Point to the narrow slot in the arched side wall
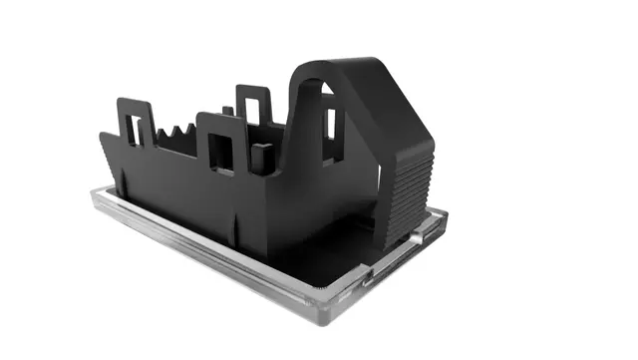330,123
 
